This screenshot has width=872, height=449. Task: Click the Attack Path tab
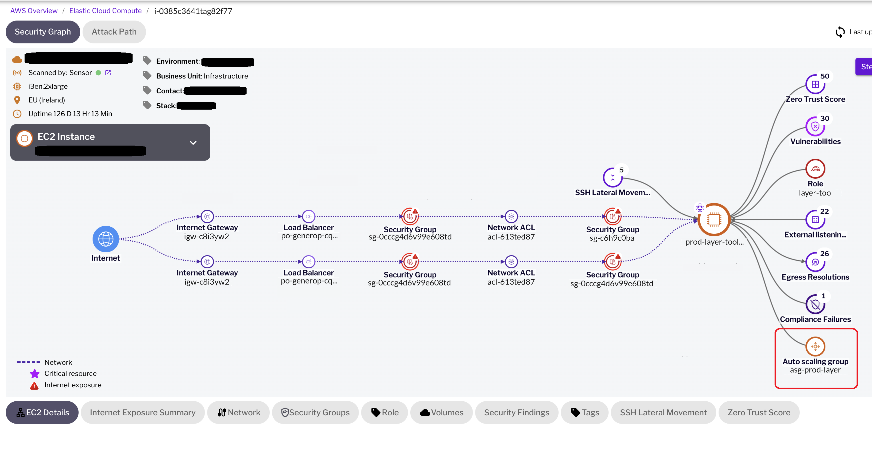[x=114, y=32]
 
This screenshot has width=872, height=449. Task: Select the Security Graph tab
[x=43, y=32]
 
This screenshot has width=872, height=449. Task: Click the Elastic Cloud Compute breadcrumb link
[x=105, y=11]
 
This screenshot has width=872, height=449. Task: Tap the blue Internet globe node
[x=106, y=239]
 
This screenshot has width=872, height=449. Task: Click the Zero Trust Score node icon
[x=815, y=84]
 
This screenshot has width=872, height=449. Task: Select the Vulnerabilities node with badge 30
[x=815, y=127]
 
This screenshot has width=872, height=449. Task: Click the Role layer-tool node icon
[x=815, y=169]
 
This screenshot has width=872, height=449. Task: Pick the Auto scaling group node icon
[x=815, y=346]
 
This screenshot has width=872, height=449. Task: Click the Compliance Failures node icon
[x=815, y=304]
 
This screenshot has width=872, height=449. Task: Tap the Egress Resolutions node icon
[x=815, y=262]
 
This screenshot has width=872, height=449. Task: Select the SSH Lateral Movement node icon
[x=612, y=177]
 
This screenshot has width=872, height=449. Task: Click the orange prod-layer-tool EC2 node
[x=714, y=220]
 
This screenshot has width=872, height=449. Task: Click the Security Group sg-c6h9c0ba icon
[x=612, y=216]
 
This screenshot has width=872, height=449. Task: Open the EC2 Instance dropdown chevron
[x=193, y=143]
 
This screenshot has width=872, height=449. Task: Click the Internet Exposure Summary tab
[x=143, y=412]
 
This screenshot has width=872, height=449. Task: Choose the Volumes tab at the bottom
[x=441, y=412]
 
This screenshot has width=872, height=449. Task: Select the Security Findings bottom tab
[x=517, y=412]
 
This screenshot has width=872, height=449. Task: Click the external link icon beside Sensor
[x=108, y=73]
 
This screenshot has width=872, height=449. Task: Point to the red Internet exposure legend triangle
[x=34, y=385]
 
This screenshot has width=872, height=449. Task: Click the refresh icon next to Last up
[x=840, y=32]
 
